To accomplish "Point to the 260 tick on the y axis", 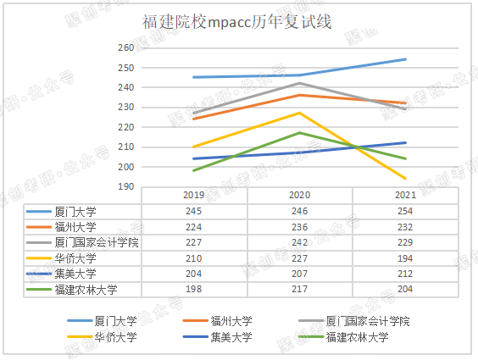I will coord(126,48).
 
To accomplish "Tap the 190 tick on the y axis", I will coord(126,186).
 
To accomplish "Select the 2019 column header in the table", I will coord(193,196).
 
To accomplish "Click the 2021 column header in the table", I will coord(405,196).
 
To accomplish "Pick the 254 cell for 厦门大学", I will coord(405,211).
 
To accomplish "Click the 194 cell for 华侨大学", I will coord(405,258).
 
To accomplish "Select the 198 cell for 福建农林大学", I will coord(193,290).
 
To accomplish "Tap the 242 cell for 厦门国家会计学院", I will coord(299,242).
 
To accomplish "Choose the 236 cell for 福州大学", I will coord(299,227).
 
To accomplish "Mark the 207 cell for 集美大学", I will coord(299,274).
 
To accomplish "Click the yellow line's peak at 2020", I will coord(299,113).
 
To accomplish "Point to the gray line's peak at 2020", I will coord(299,83).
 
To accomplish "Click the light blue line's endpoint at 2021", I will coord(406,59).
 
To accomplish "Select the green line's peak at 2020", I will coord(299,133).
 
